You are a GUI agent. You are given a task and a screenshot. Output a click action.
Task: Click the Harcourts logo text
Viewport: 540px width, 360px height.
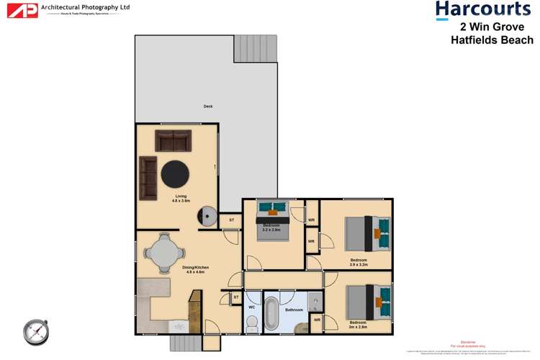point(483,10)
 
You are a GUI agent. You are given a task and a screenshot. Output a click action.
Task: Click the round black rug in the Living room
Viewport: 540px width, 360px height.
point(175,174)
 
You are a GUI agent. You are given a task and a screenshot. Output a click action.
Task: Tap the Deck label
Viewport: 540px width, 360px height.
point(208,106)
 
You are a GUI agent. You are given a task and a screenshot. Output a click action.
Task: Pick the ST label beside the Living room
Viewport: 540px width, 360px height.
point(231,220)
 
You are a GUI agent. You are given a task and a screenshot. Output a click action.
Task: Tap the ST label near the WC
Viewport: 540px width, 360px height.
point(235,297)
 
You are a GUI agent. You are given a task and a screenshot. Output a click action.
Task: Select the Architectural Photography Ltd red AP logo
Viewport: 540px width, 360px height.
point(21,10)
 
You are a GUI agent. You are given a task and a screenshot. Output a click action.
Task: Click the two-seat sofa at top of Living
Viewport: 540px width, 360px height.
point(173,140)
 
